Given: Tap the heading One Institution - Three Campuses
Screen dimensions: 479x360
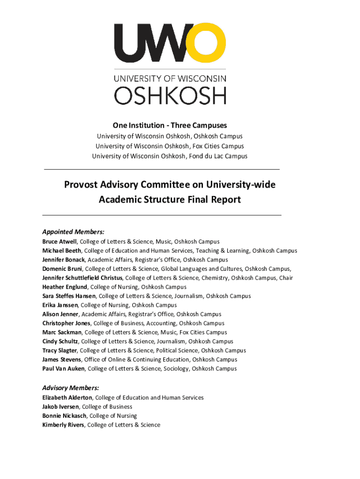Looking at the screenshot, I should (169, 125).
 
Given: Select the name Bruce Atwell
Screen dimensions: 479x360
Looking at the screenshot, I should (60, 242).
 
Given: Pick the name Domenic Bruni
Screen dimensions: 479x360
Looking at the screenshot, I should (62, 269).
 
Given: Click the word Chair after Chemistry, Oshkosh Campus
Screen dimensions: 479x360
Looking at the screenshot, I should (286, 278).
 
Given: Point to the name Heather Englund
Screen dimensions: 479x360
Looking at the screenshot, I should (65, 287).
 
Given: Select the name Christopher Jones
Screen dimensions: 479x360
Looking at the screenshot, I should (67, 323).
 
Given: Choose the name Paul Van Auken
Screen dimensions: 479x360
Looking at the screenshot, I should (64, 369).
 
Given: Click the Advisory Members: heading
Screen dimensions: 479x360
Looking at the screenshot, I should (70, 388).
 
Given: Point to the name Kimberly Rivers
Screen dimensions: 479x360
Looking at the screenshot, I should (63, 425).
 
